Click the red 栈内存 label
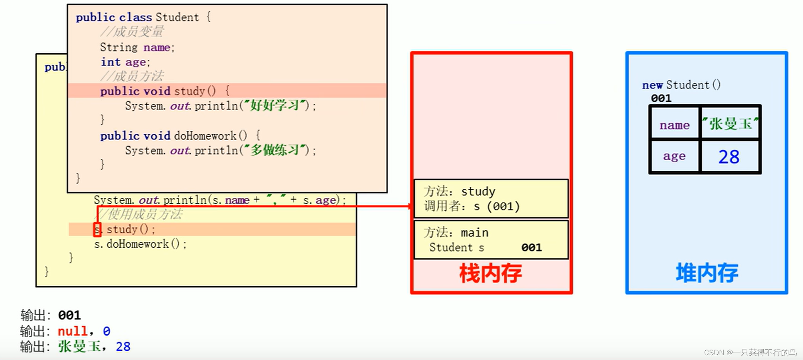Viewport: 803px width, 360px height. point(490,274)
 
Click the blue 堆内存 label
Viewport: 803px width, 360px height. point(707,273)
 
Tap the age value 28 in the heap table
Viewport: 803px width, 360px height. point(729,157)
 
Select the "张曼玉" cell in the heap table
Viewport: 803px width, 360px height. point(730,124)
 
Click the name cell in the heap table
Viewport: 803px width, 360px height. point(674,125)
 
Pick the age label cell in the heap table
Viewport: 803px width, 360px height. point(674,156)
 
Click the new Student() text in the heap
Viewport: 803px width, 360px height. point(681,85)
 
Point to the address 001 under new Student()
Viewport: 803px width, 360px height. point(661,98)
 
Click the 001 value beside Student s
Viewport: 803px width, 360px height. point(531,248)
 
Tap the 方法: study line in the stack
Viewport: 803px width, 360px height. point(459,192)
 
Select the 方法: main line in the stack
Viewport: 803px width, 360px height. point(456,233)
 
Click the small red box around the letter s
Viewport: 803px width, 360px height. point(97,229)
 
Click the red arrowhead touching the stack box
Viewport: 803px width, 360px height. point(410,206)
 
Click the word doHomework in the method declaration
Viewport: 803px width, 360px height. point(205,136)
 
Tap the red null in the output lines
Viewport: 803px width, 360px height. point(73,331)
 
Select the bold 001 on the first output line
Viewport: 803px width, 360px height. point(69,316)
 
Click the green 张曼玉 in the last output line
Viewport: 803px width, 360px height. point(79,346)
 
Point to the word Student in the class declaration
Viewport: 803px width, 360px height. point(177,17)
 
